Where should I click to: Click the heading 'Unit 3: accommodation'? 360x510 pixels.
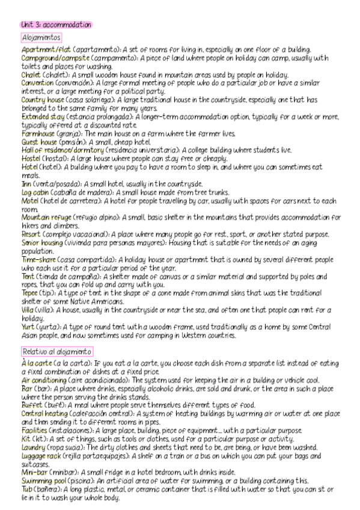56,25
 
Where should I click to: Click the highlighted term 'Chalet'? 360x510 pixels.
31,75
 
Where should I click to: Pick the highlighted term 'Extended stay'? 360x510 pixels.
43,116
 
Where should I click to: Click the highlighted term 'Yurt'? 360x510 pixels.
28,327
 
